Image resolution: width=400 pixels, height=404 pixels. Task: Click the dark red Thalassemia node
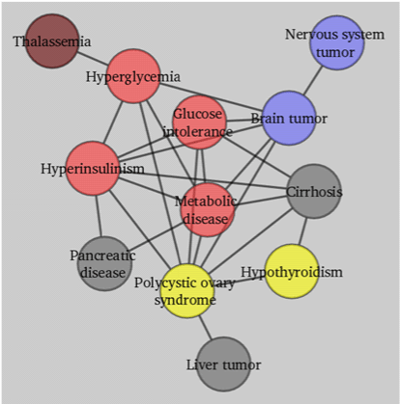pyautogui.click(x=52, y=40)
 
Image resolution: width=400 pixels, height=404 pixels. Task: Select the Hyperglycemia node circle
pyautogui.click(x=133, y=76)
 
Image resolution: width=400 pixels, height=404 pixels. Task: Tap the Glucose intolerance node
pyautogui.click(x=199, y=122)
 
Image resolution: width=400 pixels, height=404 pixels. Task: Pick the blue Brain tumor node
pyautogui.click(x=289, y=118)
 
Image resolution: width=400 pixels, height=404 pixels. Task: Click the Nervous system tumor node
pyautogui.click(x=337, y=42)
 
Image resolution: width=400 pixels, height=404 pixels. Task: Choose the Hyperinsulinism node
pyautogui.click(x=93, y=168)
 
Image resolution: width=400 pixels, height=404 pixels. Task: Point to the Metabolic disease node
pyautogui.click(x=208, y=210)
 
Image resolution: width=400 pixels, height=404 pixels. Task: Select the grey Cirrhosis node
pyautogui.click(x=314, y=191)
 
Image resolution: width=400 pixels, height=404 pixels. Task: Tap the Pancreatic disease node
pyautogui.click(x=104, y=264)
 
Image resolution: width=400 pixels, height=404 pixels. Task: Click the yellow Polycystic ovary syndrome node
pyautogui.click(x=187, y=291)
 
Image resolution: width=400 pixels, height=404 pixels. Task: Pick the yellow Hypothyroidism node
pyautogui.click(x=292, y=272)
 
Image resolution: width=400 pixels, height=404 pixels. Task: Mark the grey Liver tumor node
pyautogui.click(x=223, y=364)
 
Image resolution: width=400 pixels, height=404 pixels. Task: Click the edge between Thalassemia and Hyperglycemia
pyautogui.click(x=93, y=58)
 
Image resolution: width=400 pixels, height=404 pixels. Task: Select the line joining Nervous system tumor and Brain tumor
pyautogui.click(x=312, y=80)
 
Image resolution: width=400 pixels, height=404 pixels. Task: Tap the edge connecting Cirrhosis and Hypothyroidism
pyautogui.click(x=302, y=231)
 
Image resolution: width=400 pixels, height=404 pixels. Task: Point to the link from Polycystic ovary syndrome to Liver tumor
pyautogui.click(x=205, y=328)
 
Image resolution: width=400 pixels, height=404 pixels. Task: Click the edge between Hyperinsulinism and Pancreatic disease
pyautogui.click(x=99, y=216)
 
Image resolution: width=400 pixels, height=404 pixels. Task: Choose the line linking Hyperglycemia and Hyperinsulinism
pyautogui.click(x=113, y=122)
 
